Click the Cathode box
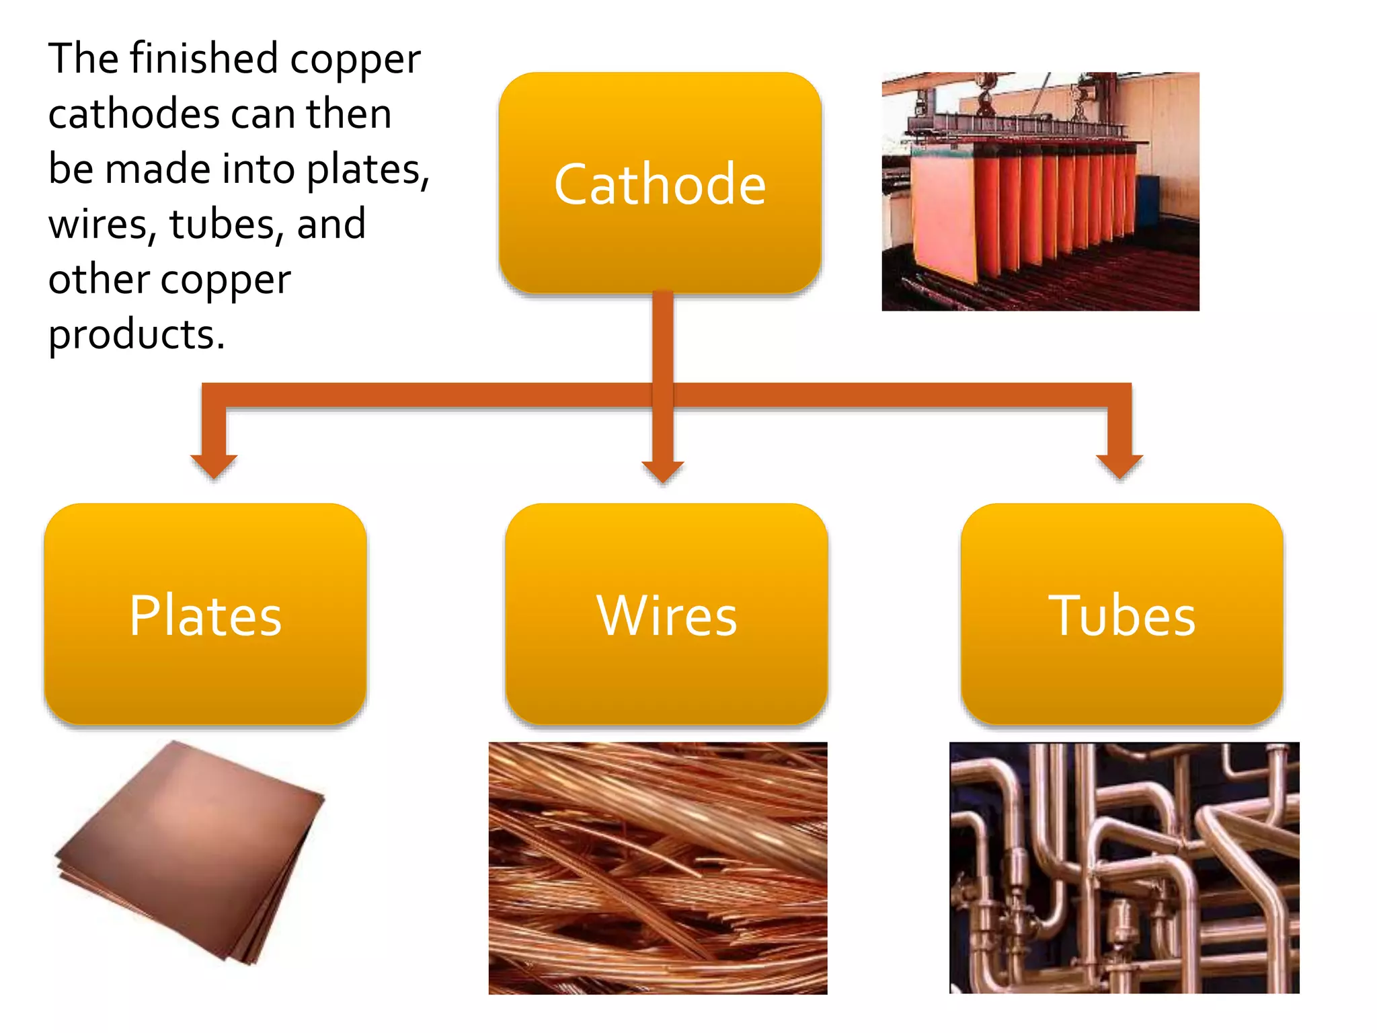pyautogui.click(x=660, y=183)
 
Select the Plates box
pyautogui.click(x=205, y=614)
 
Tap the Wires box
pyautogui.click(x=666, y=614)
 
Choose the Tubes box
pyautogui.click(x=1122, y=614)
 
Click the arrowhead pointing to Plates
pyautogui.click(x=214, y=465)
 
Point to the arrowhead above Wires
pyautogui.click(x=663, y=471)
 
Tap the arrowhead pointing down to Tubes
pyautogui.click(x=1119, y=465)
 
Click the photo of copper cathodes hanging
pyautogui.click(x=1040, y=192)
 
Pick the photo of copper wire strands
pyautogui.click(x=658, y=868)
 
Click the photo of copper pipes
pyautogui.click(x=1124, y=868)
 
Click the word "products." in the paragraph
pyautogui.click(x=136, y=334)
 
